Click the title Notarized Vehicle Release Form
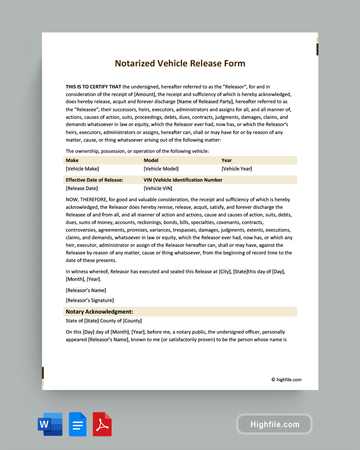180,63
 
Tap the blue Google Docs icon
78,424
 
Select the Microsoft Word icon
50,424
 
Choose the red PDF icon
102,424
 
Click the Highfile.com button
274,424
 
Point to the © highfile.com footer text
286,380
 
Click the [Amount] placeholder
144,94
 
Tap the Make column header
72,160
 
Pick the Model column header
151,160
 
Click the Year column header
226,160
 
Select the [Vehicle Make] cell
82,169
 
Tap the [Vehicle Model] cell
161,169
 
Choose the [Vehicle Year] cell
237,169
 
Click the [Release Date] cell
82,188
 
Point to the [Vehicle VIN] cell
158,188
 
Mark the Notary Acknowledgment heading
100,312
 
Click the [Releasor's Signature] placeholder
90,300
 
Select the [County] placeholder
132,321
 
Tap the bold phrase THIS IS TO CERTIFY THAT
93,87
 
